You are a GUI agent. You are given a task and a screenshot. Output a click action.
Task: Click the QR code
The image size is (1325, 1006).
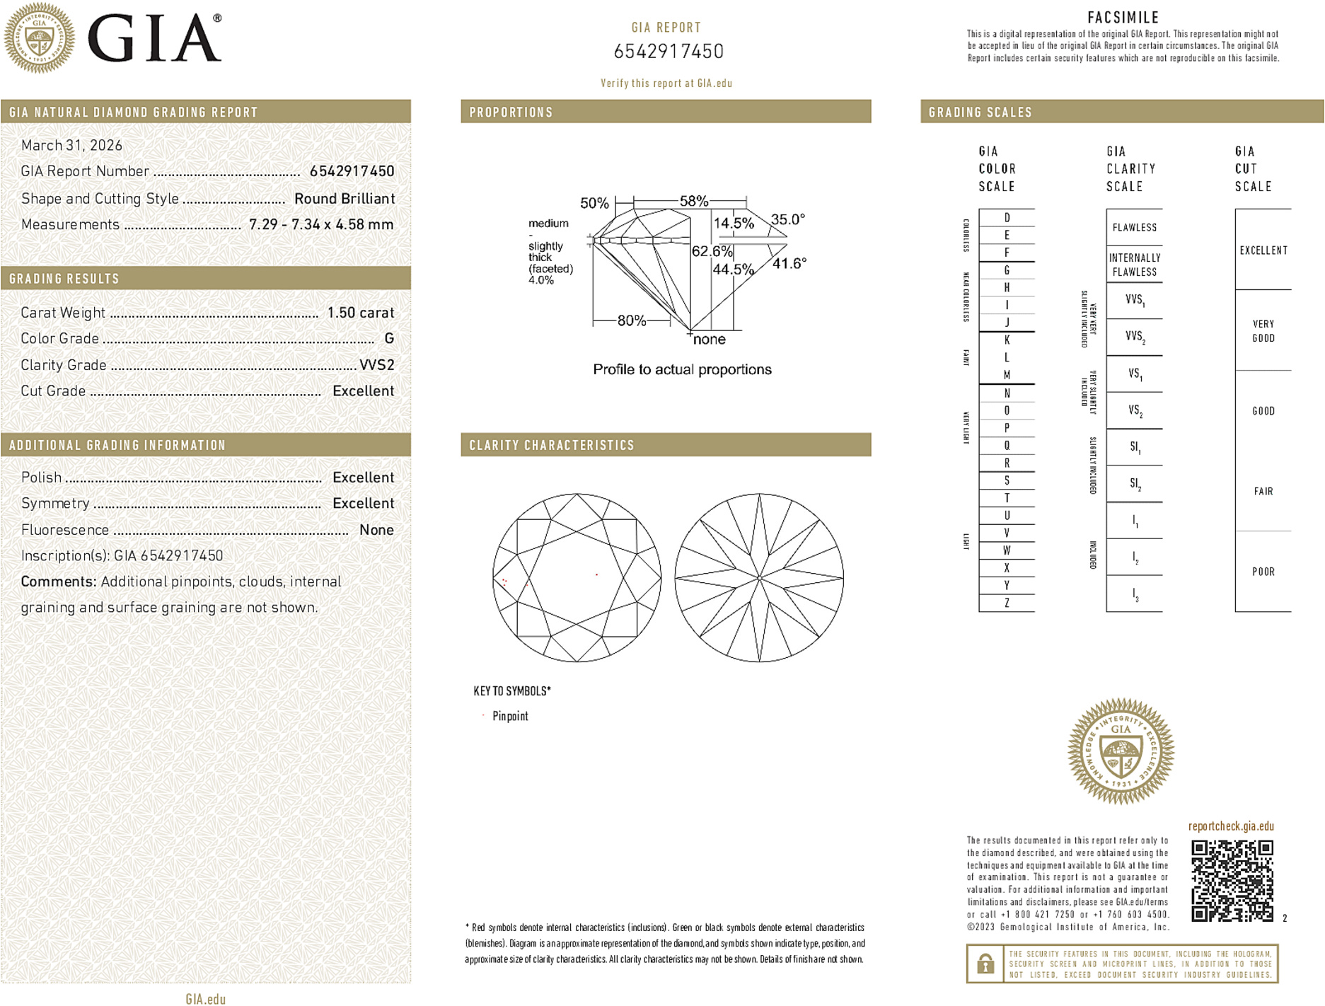[1232, 881]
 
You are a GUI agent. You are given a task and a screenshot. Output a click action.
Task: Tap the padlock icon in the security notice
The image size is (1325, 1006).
[985, 964]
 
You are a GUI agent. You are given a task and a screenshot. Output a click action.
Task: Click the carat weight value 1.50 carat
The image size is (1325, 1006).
[360, 313]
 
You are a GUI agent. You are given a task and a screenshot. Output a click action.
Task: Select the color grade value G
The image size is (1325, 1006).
[389, 339]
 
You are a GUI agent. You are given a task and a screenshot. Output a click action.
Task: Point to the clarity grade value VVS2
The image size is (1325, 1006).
[376, 365]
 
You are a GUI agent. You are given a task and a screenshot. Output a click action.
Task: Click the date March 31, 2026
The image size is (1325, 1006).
[71, 145]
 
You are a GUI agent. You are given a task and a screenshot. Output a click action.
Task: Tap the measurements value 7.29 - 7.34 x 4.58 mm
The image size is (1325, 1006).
[321, 224]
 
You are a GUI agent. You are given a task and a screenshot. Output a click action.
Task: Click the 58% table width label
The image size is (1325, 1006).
[693, 201]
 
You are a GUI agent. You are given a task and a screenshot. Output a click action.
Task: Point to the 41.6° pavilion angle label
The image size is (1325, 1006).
[789, 264]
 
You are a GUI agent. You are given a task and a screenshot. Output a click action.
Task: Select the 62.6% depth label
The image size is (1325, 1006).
[712, 251]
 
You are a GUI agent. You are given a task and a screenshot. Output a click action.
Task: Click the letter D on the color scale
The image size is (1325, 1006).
[1007, 218]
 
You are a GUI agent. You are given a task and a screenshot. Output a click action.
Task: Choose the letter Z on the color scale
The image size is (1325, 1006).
[1007, 603]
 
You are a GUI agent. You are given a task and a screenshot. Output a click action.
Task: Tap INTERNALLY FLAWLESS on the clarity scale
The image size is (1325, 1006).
[1134, 265]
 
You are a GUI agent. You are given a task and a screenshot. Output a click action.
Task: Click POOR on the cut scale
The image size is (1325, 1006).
[1263, 572]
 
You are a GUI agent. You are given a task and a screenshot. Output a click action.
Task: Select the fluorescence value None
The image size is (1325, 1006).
[376, 530]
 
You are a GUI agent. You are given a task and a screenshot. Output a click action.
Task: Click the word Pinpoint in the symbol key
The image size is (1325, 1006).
[510, 716]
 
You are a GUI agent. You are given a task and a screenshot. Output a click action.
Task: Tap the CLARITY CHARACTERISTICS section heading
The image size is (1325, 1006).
[552, 445]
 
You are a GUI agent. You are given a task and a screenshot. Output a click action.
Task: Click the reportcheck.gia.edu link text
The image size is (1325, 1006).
[1231, 826]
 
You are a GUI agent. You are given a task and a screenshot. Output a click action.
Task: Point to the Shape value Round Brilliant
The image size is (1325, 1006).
[345, 199]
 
